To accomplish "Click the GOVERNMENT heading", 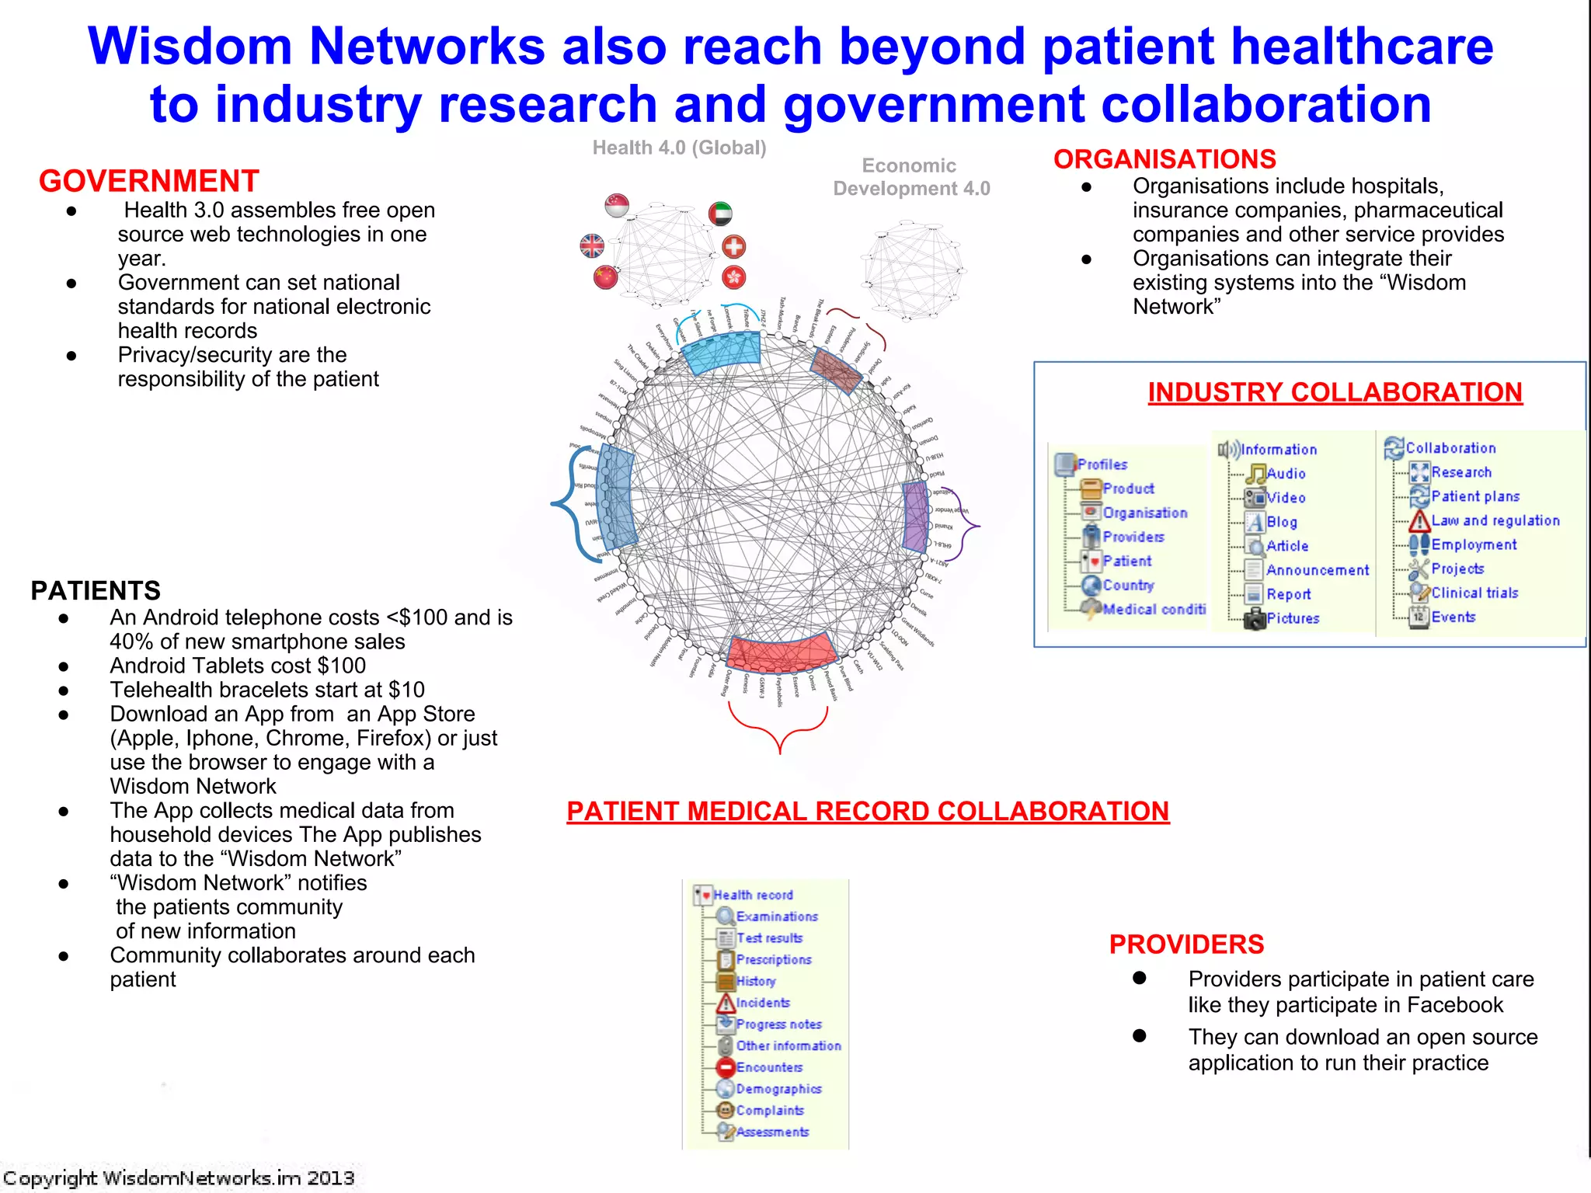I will point(148,181).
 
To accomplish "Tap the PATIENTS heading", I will point(96,590).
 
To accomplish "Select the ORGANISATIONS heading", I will point(1164,159).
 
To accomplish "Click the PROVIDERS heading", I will point(1186,944).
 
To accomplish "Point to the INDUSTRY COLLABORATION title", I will point(1335,392).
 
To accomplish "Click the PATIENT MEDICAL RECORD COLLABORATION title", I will point(868,811).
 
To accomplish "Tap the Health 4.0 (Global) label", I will point(679,148).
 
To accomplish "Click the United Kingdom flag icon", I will point(592,246).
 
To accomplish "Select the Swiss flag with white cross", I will point(733,247).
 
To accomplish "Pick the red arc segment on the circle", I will point(781,652).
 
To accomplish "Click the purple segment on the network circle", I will point(917,516).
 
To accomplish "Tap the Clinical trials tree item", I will point(1474,593).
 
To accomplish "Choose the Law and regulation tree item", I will point(1495,520).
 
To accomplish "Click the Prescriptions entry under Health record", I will point(773,959).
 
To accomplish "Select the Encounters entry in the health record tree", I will point(768,1067).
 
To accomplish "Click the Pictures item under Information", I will point(1292,618).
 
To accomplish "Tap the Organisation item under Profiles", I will point(1144,513).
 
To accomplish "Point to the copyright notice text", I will point(179,1178).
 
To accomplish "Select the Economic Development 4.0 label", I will point(910,177).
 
